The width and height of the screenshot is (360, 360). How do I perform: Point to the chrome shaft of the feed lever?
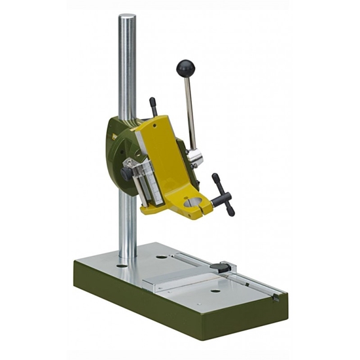pos(190,111)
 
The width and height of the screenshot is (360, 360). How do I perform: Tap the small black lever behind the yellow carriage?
pos(153,106)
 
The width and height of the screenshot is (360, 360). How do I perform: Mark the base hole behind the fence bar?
pos(162,257)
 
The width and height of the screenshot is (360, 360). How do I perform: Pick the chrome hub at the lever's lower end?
pos(195,158)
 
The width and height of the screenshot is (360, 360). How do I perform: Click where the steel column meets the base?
pos(127,261)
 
